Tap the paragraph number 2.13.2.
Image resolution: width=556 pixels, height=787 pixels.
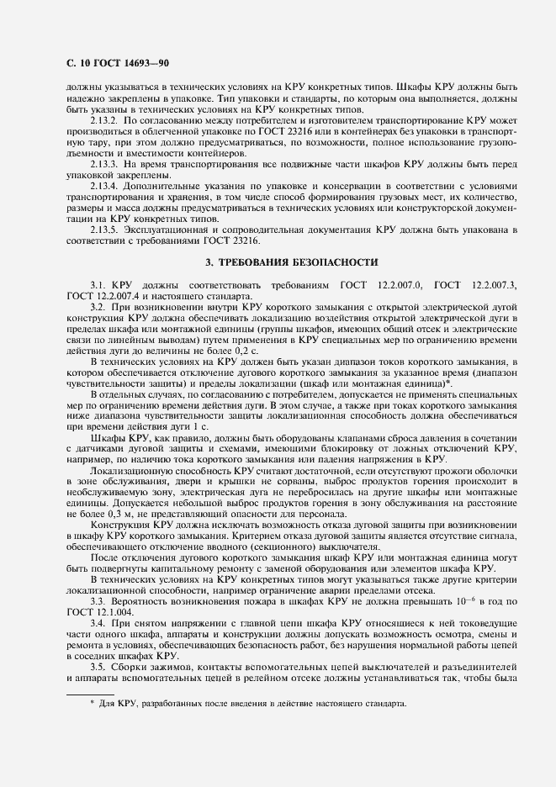(104, 121)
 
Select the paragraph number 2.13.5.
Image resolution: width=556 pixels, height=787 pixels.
(104, 229)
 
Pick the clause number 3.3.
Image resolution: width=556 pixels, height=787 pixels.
(98, 602)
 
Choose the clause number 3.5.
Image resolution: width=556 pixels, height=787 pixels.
(98, 667)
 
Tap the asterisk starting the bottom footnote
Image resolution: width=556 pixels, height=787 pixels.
(93, 702)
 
